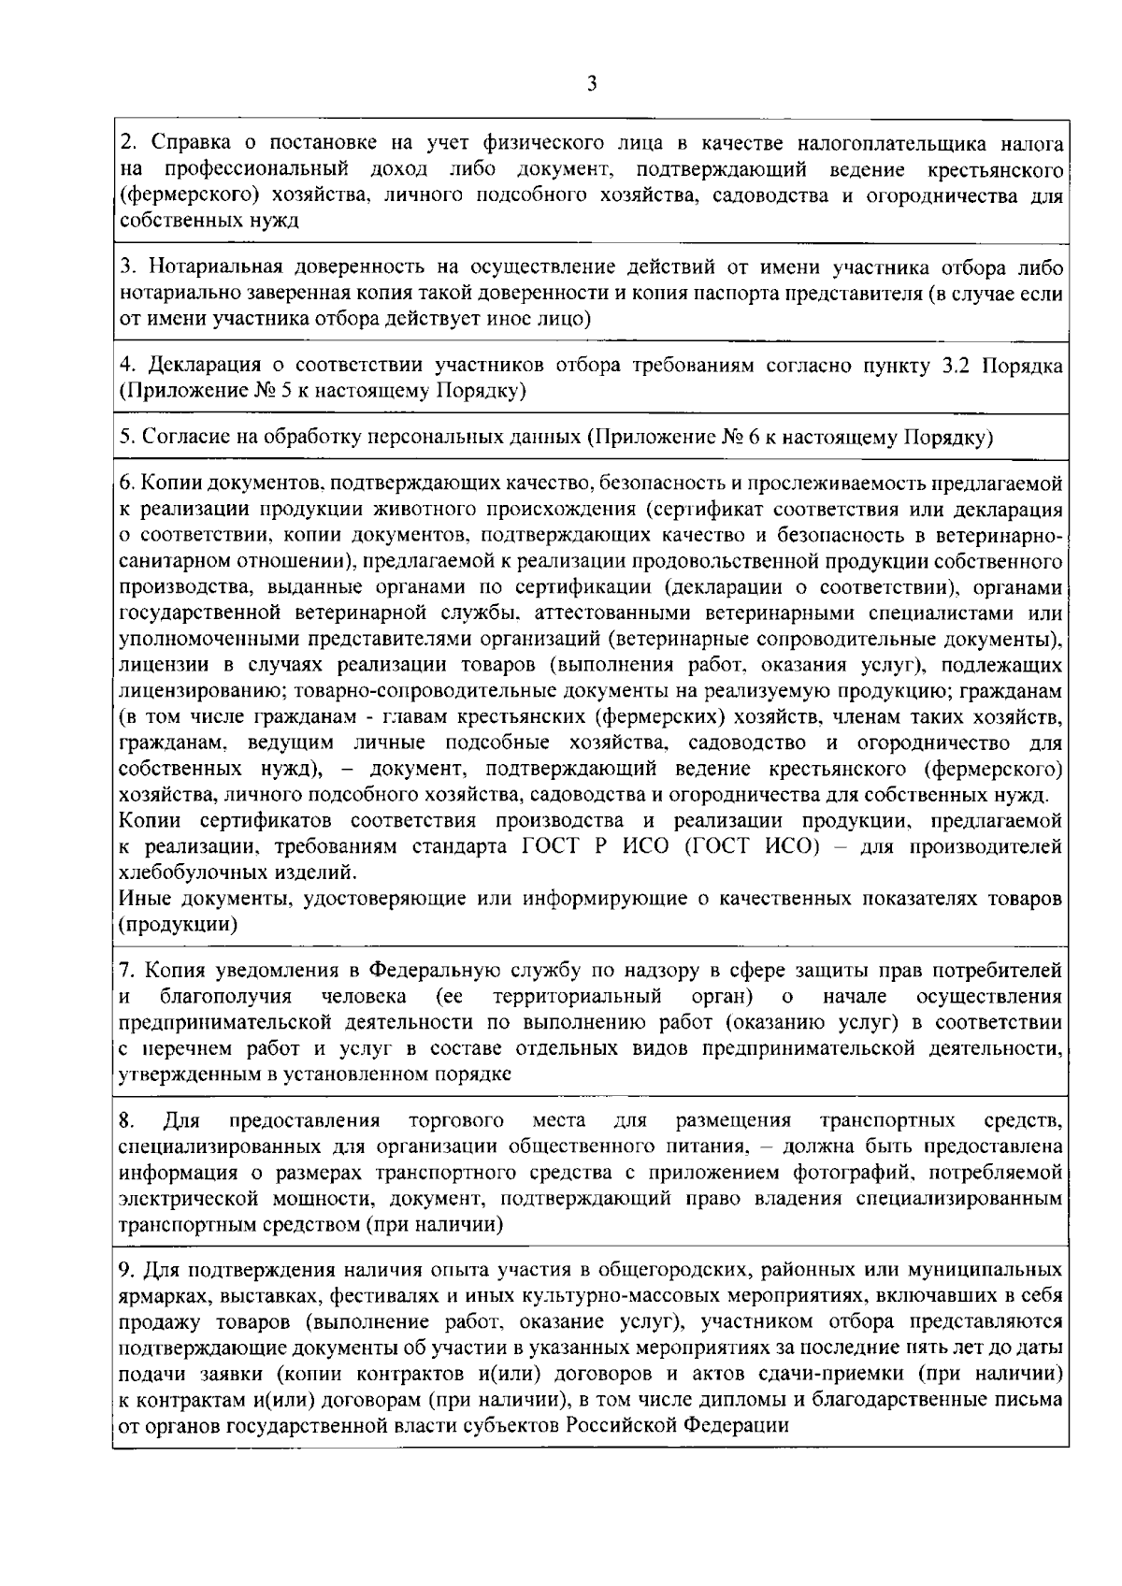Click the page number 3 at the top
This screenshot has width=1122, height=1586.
tap(591, 84)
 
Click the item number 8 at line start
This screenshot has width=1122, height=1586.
tap(127, 1120)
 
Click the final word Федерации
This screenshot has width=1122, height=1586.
tap(738, 1426)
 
